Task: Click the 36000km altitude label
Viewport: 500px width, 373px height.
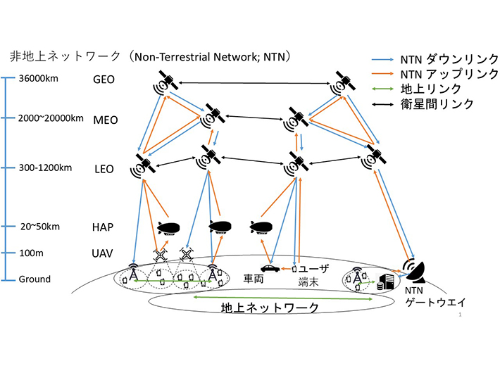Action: click(x=39, y=78)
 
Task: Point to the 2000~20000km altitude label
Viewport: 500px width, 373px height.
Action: click(x=51, y=118)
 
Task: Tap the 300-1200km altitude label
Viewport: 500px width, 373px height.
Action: click(x=45, y=168)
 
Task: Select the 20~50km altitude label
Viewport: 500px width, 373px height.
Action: click(x=40, y=227)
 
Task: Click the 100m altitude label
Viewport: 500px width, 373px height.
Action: click(x=31, y=253)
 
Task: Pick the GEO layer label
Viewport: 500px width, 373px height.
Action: click(x=104, y=80)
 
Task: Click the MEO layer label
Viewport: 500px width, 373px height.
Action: click(x=106, y=120)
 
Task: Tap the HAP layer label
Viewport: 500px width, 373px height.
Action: click(x=103, y=227)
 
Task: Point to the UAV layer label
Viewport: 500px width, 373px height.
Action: click(x=102, y=254)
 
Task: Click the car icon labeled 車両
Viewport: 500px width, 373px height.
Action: click(x=270, y=268)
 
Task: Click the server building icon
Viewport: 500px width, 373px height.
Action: click(x=385, y=282)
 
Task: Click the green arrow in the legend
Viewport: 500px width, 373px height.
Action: click(x=382, y=89)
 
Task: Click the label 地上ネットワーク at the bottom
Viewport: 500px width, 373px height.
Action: click(x=270, y=308)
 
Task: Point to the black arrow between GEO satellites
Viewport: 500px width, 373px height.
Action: click(x=254, y=83)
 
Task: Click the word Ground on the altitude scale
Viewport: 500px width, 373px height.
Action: click(x=35, y=279)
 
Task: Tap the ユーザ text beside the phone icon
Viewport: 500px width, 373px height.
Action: click(x=314, y=269)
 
